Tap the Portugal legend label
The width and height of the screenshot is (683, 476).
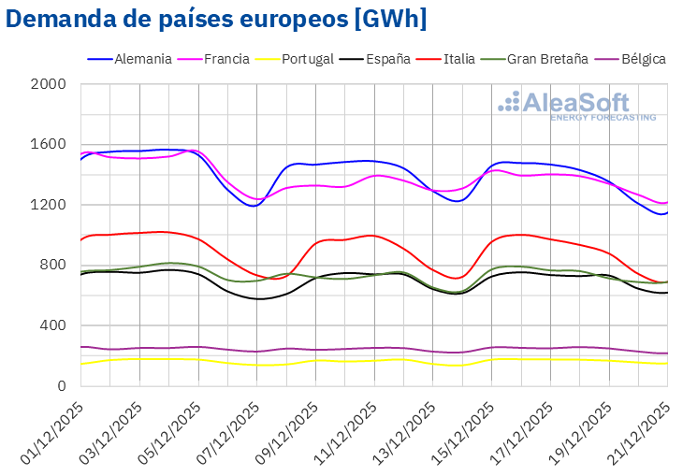coord(307,59)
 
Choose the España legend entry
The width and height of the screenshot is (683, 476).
coord(386,59)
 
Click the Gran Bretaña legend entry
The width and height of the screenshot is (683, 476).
coord(547,59)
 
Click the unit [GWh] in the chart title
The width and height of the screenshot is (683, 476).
coord(385,20)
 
